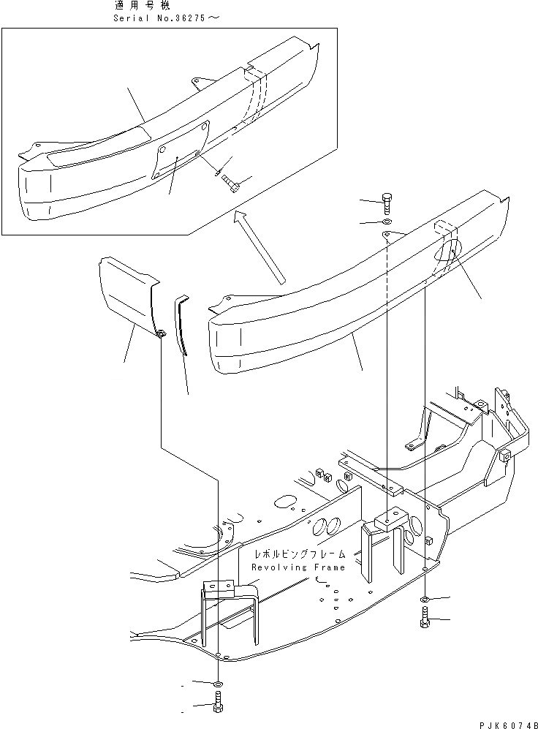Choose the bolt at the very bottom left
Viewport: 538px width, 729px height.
(x=217, y=707)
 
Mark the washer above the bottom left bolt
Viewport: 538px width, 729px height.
(x=217, y=684)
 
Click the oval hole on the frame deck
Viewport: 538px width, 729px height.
(x=283, y=503)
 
